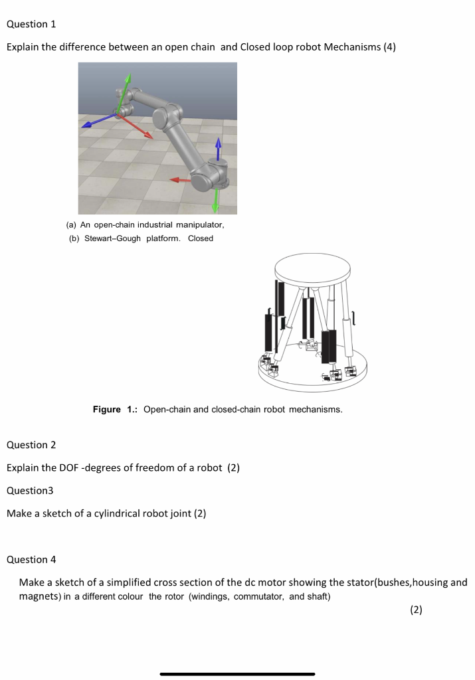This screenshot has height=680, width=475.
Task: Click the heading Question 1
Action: (x=31, y=24)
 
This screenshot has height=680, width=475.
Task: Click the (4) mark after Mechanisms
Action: (x=390, y=47)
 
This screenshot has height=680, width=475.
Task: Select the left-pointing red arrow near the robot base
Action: (x=180, y=179)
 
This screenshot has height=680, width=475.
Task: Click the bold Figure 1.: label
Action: (x=116, y=410)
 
